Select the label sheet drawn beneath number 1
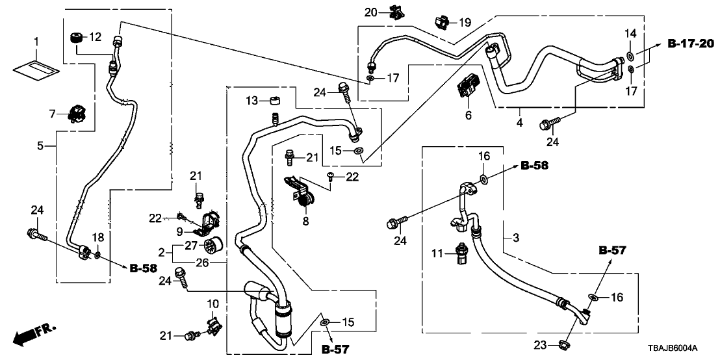36,64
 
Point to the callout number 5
40,146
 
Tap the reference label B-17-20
690,44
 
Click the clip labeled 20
393,11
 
